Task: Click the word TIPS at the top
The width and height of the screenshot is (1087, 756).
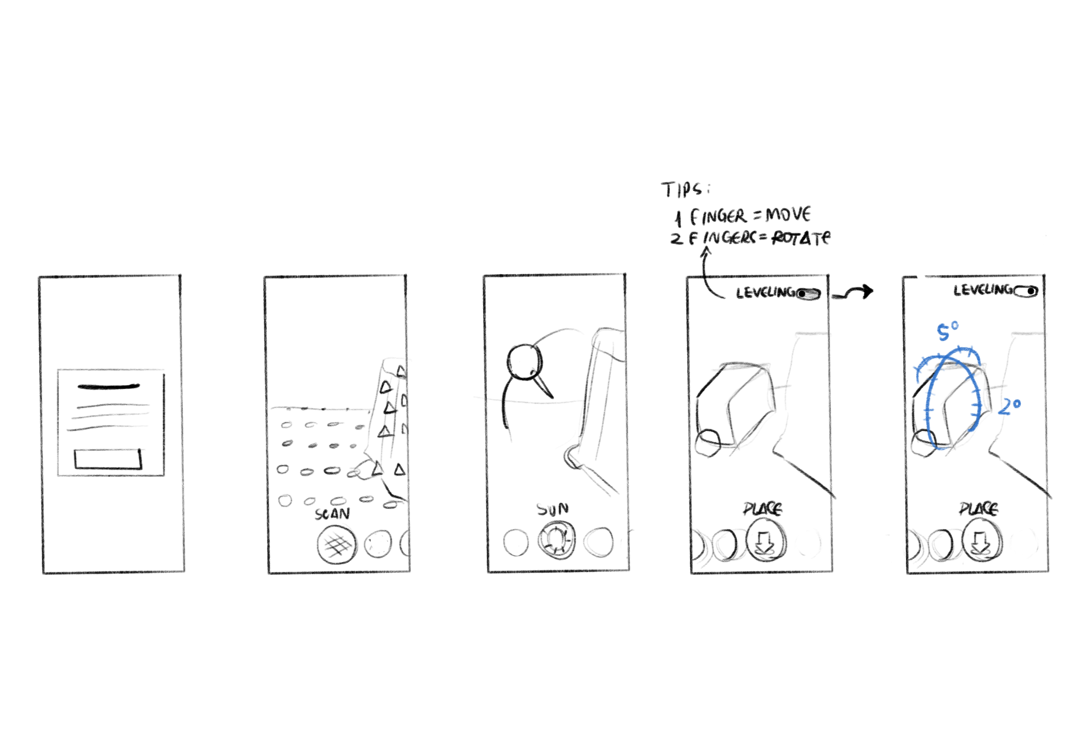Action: click(x=684, y=189)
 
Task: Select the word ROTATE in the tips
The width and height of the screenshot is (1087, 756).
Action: click(x=801, y=237)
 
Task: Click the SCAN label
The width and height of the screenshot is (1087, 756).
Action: click(x=332, y=514)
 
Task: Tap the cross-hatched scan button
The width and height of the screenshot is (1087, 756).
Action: click(x=337, y=545)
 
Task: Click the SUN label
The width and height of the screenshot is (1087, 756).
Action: click(x=552, y=509)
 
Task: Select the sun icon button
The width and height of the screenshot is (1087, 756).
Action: click(x=556, y=539)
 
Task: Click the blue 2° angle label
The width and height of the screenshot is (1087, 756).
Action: click(x=1010, y=407)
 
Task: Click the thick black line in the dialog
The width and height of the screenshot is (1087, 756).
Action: click(x=109, y=386)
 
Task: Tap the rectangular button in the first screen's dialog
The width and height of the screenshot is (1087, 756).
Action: click(x=108, y=459)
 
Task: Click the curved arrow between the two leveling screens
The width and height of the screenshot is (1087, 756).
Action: click(x=852, y=293)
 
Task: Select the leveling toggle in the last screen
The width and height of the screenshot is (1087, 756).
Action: click(x=1026, y=291)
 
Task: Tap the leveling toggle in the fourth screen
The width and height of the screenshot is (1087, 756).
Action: click(x=808, y=294)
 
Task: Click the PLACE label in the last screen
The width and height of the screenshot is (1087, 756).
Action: click(x=979, y=508)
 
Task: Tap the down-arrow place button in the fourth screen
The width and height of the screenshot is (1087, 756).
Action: click(x=766, y=542)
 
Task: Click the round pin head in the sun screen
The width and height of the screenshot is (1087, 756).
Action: click(x=524, y=362)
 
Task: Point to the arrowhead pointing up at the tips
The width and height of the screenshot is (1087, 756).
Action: click(x=706, y=253)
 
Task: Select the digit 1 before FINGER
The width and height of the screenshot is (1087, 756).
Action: click(x=678, y=219)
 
